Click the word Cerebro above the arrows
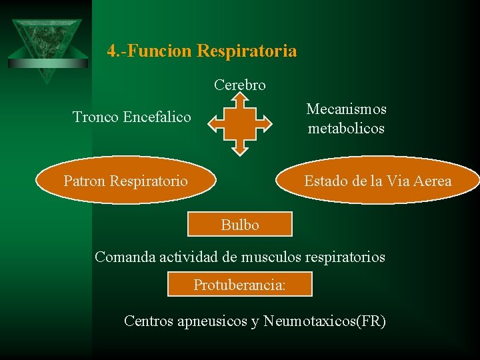[x=240, y=85]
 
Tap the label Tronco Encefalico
[x=131, y=117]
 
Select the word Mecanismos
[x=346, y=109]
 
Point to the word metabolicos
[x=346, y=128]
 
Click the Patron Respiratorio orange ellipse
[x=125, y=180]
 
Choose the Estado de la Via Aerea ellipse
[x=377, y=180]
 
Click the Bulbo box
[x=240, y=225]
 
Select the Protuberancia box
[x=239, y=285]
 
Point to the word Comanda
[x=125, y=257]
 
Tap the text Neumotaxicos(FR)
[x=324, y=321]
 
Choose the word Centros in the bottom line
[x=148, y=321]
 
